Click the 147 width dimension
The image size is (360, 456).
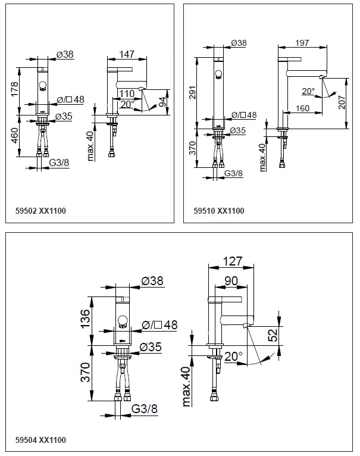126,54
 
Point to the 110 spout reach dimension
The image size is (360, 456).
126,94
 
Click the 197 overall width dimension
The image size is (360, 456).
302,43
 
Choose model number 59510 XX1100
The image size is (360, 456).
219,211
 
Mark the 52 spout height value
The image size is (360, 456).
273,336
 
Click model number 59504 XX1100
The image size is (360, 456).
40,441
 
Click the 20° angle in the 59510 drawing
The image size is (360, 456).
309,92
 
